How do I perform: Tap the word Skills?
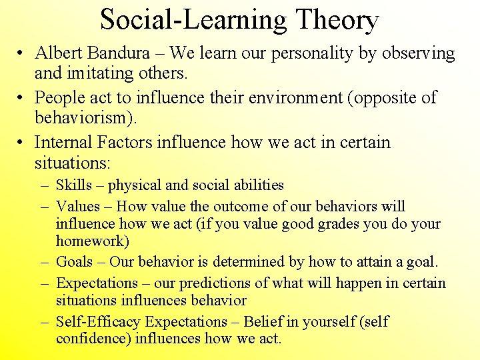[x=74, y=185]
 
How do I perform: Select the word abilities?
[x=256, y=185]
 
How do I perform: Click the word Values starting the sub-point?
[x=77, y=207]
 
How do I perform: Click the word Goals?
[x=74, y=262]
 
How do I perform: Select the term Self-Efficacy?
[x=98, y=322]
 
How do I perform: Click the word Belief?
[x=264, y=322]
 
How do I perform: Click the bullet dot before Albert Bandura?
[x=22, y=54]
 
